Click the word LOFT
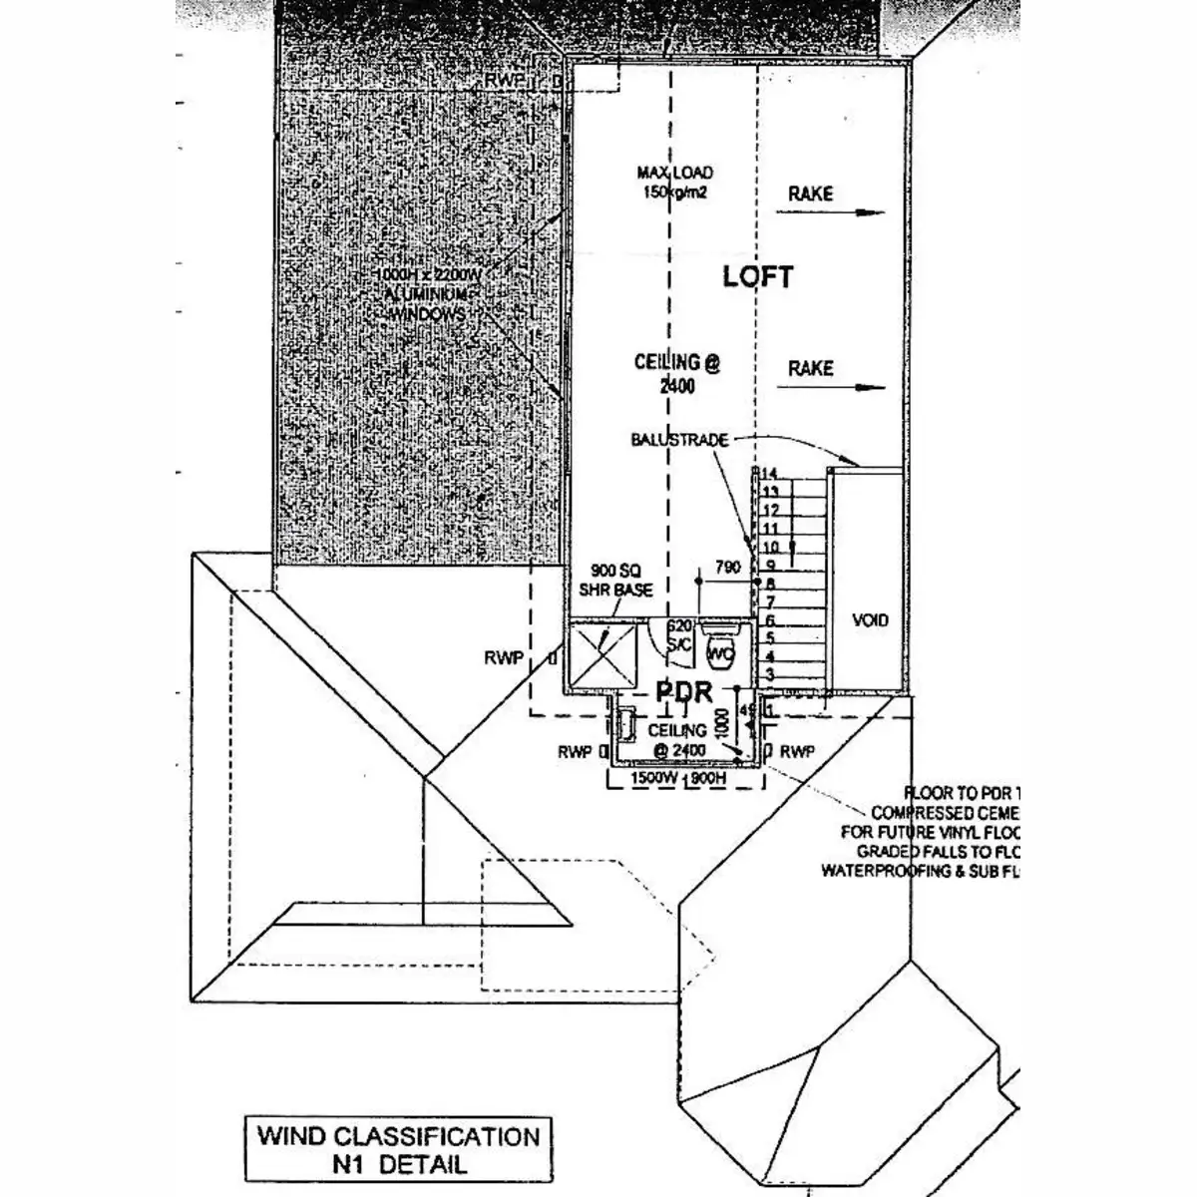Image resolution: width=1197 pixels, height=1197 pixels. coord(758,276)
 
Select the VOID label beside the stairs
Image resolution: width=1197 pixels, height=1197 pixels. coord(870,620)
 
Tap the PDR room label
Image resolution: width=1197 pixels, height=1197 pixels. coord(683,691)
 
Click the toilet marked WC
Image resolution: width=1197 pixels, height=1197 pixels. coord(719,651)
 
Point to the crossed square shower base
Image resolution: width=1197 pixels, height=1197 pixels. coord(603,656)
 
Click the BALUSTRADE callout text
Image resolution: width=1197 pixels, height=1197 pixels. coord(679,439)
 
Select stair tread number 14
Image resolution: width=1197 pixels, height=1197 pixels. coord(769,473)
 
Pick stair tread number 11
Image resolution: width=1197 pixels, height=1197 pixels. coord(769,529)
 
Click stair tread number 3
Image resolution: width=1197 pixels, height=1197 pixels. coord(769,675)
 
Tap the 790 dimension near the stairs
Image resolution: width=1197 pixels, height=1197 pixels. coord(728,568)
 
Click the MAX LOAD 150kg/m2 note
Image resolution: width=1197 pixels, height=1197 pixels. coord(675,182)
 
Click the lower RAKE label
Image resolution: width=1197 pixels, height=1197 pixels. coord(810,368)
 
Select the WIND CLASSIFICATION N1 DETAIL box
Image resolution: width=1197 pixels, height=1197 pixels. coord(398,1149)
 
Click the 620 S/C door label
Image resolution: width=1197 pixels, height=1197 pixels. coord(679,635)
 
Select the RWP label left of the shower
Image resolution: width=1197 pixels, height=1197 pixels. coord(505,657)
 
